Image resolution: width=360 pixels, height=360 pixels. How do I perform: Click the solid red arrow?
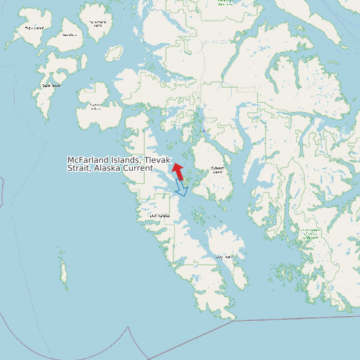178,170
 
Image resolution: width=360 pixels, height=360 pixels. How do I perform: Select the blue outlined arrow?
181,188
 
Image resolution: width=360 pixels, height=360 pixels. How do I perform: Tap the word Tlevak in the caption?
158,160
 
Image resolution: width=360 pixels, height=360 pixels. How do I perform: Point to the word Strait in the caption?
79,168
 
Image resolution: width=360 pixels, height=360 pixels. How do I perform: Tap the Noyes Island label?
35,28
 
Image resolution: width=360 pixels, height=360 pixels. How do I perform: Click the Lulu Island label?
70,35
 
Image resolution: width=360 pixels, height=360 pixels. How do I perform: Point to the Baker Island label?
51,85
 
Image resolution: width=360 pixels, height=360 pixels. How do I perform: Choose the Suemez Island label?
96,106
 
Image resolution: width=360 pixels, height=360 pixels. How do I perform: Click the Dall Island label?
159,215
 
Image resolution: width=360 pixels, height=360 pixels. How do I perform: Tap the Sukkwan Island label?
217,169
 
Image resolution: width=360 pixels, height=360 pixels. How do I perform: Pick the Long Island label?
224,257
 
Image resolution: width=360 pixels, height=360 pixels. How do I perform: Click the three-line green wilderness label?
309,234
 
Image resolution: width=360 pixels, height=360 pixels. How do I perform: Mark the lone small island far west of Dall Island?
64,272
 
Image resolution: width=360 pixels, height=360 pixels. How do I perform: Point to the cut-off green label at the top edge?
226,2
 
